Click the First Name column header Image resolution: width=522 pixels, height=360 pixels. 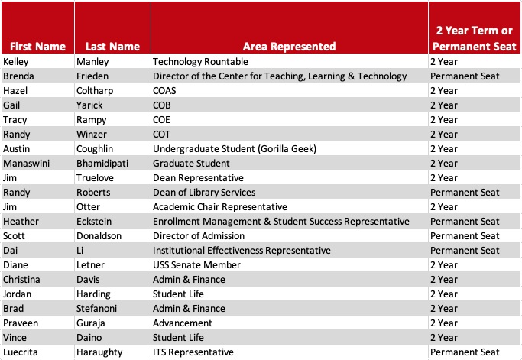pyautogui.click(x=37, y=46)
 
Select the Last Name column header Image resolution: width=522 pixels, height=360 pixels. pyautogui.click(x=112, y=46)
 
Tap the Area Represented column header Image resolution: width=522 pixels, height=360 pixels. pyautogui.click(x=290, y=46)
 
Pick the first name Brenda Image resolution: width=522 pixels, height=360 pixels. pyautogui.click(x=18, y=76)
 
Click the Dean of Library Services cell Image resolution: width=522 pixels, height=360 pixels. pyautogui.click(x=204, y=192)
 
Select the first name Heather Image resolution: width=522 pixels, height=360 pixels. pyautogui.click(x=21, y=221)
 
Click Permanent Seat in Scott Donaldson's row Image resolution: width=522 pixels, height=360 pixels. pyautogui.click(x=464, y=235)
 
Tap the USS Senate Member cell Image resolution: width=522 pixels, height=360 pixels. pyautogui.click(x=196, y=265)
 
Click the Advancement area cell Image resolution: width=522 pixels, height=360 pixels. pyautogui.click(x=181, y=323)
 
